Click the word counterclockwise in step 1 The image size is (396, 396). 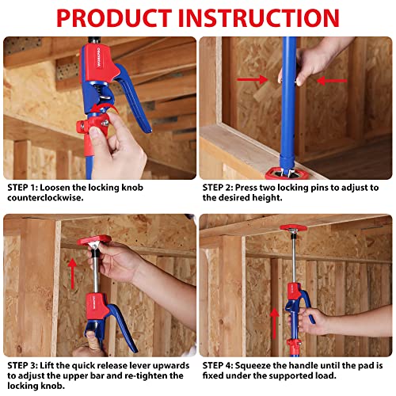(45, 199)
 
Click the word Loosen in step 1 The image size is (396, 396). (67, 188)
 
